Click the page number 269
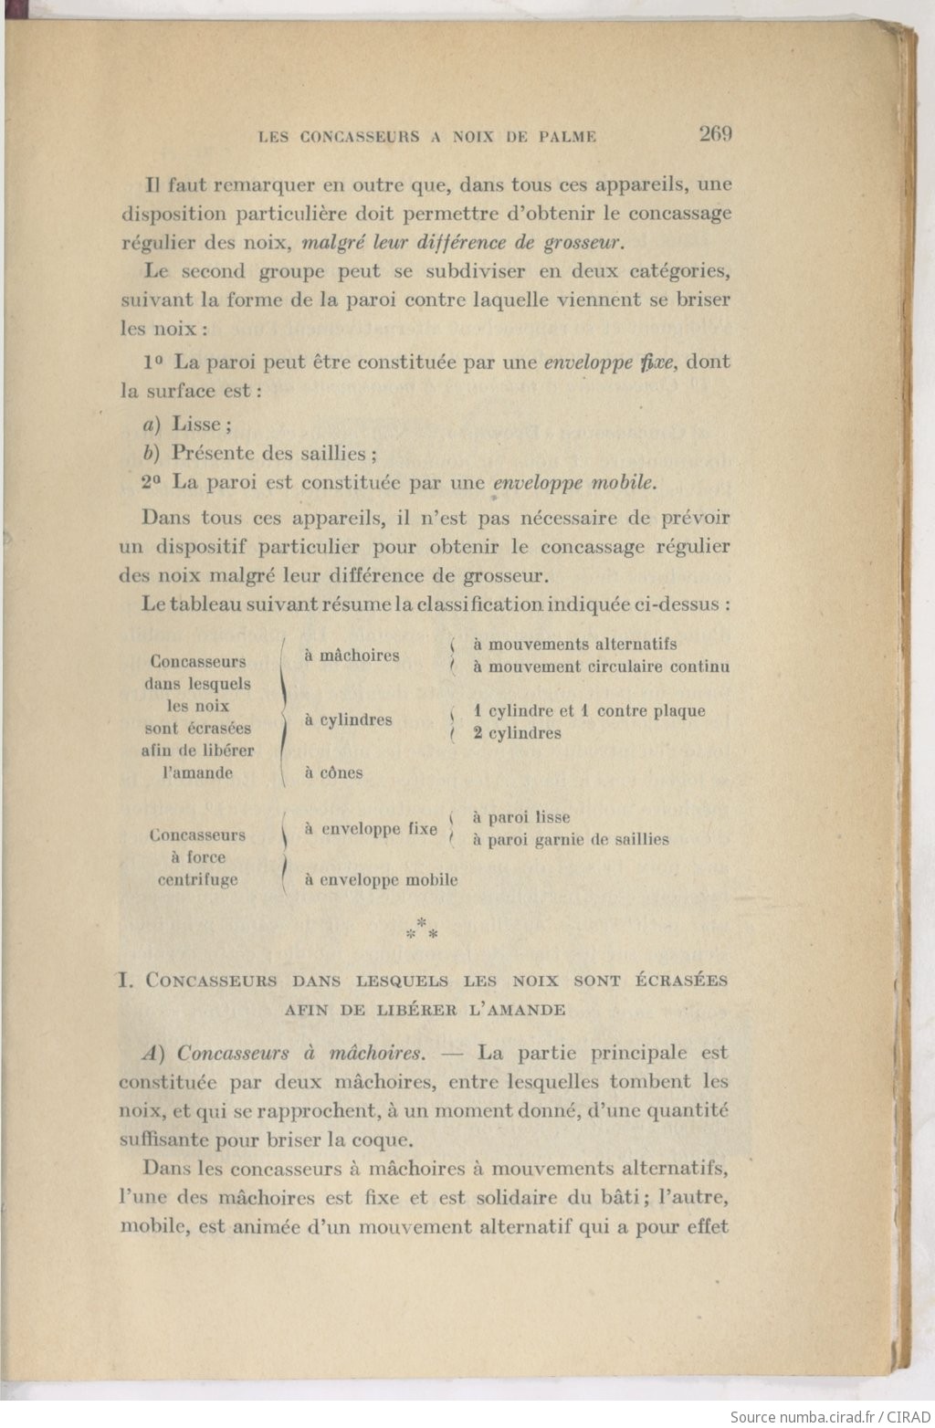pos(715,134)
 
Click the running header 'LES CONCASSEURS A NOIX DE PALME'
pos(427,137)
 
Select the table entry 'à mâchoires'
pos(352,656)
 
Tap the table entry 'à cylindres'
pos(348,719)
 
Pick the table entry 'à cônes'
pos(333,772)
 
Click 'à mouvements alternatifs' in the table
pos(574,644)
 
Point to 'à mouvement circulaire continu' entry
pos(601,667)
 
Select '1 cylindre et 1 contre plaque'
pos(589,710)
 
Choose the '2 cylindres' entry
pos(517,733)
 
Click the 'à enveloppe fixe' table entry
pos(371,829)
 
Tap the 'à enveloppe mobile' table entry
pos(381,880)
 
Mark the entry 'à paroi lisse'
pos(520,817)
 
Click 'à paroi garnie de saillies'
pos(570,839)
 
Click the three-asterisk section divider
pos(421,930)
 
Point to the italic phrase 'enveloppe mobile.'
pos(575,482)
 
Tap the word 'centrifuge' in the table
pos(197,879)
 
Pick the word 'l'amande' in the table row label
pos(197,772)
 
